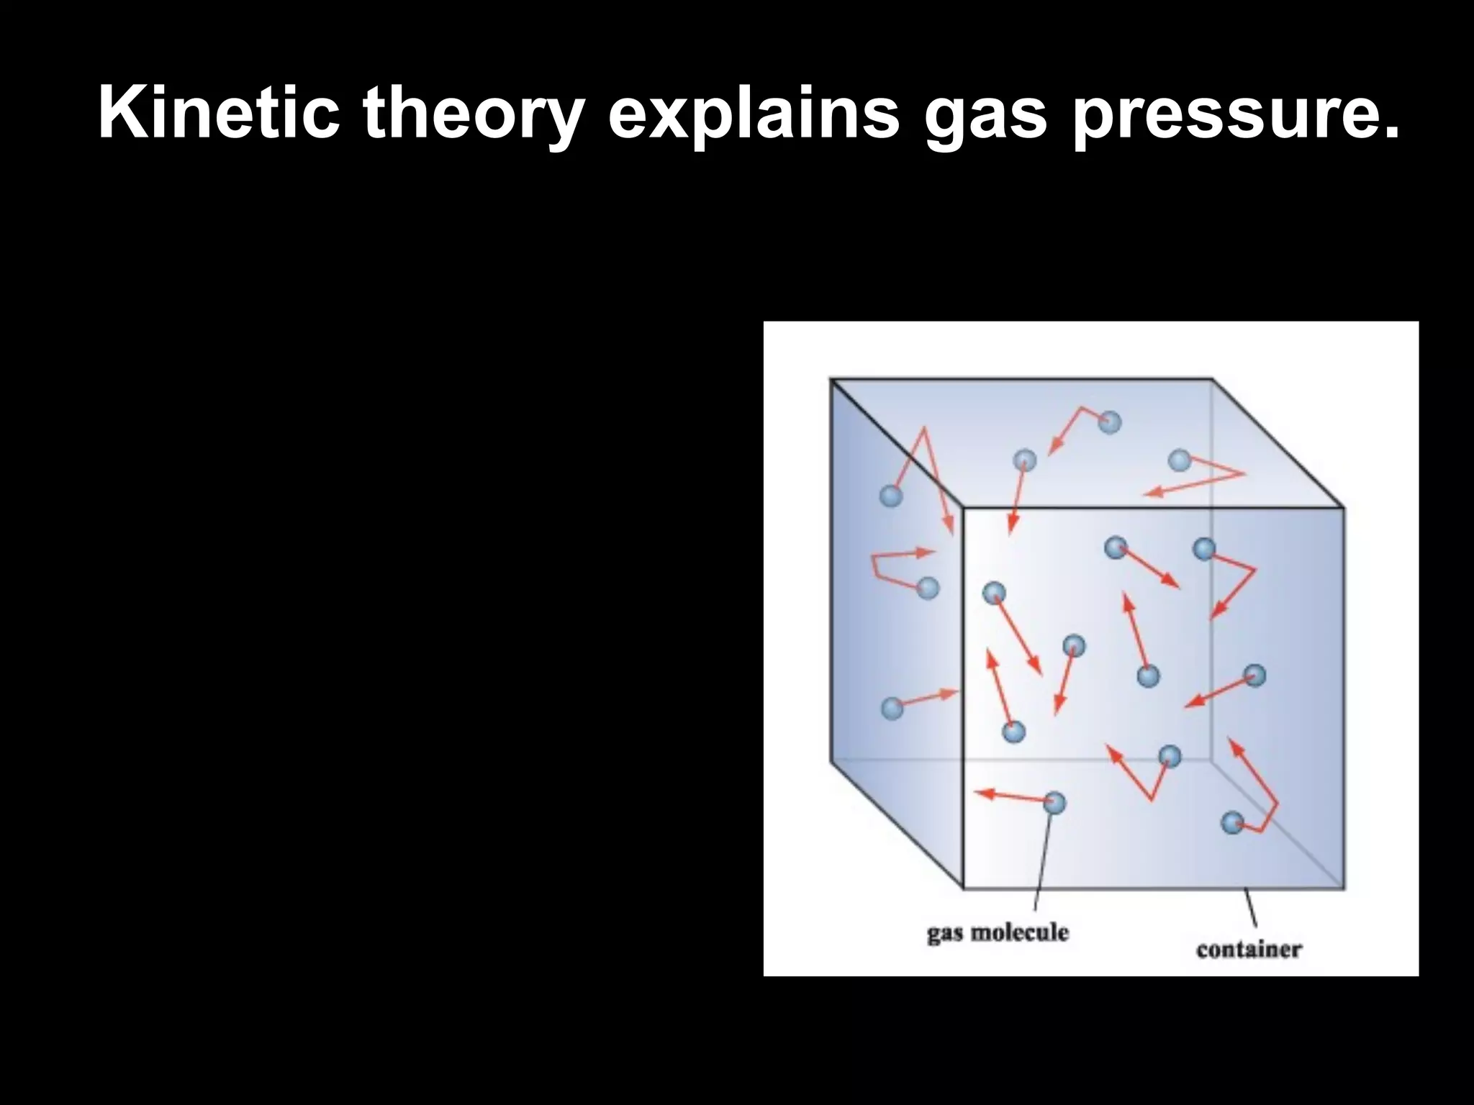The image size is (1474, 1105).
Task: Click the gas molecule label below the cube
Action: click(998, 933)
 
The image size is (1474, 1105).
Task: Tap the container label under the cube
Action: click(1249, 950)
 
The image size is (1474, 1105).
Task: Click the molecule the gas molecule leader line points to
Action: click(1054, 802)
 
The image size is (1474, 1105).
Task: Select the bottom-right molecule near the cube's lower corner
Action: click(1233, 822)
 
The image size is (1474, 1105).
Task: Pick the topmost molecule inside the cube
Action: click(1110, 422)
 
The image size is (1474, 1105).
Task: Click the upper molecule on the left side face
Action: click(891, 496)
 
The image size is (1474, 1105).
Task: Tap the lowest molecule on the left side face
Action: click(892, 708)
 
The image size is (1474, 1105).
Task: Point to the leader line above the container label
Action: click(1252, 908)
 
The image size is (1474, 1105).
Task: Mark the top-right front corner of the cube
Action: click(1343, 509)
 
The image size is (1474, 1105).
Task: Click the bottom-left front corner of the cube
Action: click(963, 887)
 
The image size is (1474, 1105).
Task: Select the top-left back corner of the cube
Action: click(831, 379)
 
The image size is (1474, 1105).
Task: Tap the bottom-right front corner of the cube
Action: click(1343, 887)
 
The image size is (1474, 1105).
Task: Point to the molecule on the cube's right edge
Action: click(1254, 675)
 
